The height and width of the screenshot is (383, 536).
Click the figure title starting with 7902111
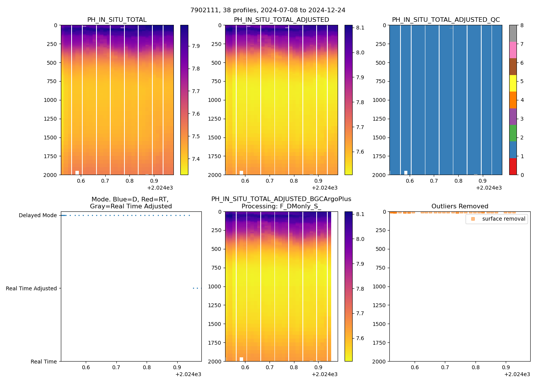pyautogui.click(x=268, y=10)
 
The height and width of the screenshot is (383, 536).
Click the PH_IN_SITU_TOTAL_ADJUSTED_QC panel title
pyautogui.click(x=446, y=20)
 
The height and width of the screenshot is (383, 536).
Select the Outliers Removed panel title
pyautogui.click(x=459, y=206)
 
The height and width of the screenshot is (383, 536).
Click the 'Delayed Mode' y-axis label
pyautogui.click(x=38, y=216)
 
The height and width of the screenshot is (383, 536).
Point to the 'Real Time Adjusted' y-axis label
pyautogui.click(x=31, y=288)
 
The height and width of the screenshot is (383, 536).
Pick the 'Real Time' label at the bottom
pyautogui.click(x=43, y=362)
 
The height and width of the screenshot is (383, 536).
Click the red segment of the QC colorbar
pyautogui.click(x=513, y=167)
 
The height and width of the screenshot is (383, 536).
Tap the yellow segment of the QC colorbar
pyautogui.click(x=513, y=83)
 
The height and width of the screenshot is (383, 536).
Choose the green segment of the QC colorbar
pyautogui.click(x=513, y=133)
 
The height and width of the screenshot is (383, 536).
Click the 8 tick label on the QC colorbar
pyautogui.click(x=522, y=26)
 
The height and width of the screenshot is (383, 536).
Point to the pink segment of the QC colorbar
pyautogui.click(x=513, y=50)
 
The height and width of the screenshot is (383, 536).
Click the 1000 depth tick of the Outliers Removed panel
pyautogui.click(x=379, y=286)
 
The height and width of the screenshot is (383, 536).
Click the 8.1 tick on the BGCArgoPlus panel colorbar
pyautogui.click(x=360, y=214)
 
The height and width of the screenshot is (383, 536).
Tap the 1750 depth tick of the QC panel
pyautogui.click(x=379, y=156)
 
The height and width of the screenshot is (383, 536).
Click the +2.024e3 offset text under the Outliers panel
pyautogui.click(x=517, y=375)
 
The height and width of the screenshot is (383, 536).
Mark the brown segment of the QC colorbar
pyautogui.click(x=513, y=67)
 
